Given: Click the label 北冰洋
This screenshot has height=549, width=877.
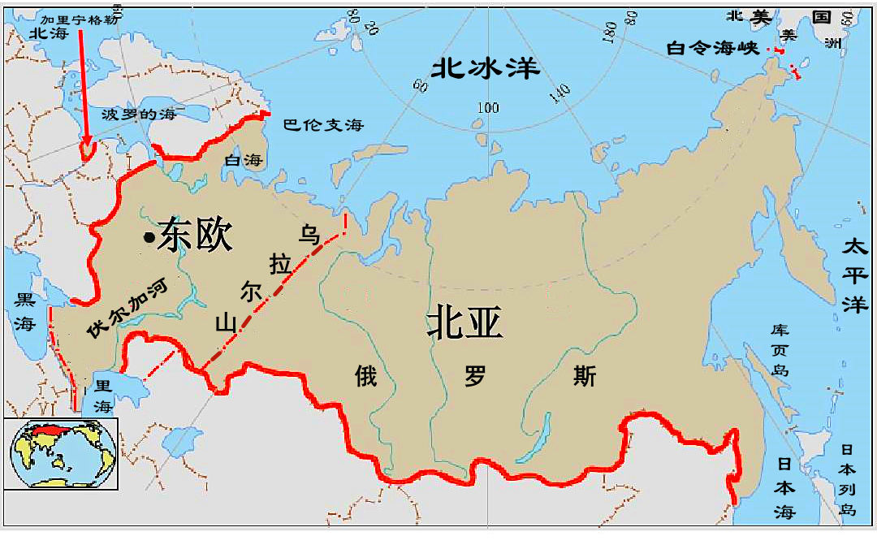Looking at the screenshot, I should tap(486, 67).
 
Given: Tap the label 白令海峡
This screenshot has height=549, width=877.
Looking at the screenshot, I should tap(712, 49).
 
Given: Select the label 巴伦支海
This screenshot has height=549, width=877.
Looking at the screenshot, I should tap(323, 125).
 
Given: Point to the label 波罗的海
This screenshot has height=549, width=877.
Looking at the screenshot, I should tap(138, 115).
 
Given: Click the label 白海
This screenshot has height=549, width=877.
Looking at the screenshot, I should tap(244, 161).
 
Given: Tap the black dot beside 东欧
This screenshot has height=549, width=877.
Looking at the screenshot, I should tap(149, 237).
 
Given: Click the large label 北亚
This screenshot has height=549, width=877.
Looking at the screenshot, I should tap(464, 324).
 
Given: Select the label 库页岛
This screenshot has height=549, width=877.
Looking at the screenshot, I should tap(780, 350).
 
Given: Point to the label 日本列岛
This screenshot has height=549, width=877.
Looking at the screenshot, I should tap(848, 479).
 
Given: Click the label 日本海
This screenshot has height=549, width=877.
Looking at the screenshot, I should tap(784, 487).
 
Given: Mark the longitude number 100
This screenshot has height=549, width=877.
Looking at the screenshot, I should tap(488, 108).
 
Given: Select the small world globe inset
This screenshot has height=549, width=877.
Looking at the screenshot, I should tap(61, 453).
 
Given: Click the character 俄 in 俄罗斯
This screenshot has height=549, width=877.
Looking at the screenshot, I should tap(365, 376).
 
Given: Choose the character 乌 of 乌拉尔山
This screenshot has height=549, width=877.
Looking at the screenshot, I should tap(309, 235).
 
